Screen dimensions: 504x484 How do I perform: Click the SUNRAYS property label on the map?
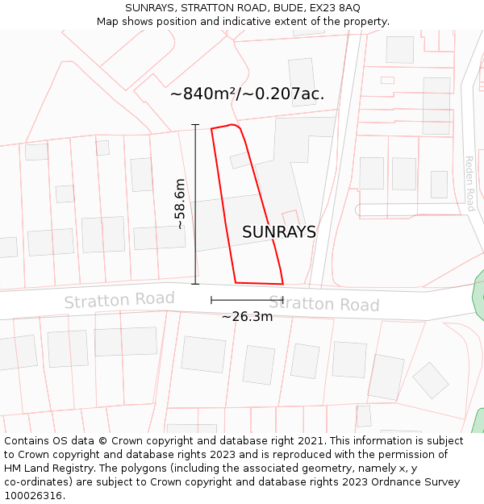[278, 232]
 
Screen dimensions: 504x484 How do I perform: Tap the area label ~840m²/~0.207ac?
[247, 94]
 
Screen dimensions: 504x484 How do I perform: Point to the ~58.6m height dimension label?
[180, 204]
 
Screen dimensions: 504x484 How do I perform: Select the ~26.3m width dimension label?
[247, 317]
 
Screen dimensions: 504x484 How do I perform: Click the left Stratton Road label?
[119, 301]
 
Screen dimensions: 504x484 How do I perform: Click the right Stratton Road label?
[323, 304]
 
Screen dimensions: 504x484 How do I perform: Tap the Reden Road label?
[469, 183]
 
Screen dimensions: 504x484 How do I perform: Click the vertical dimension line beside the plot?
[195, 204]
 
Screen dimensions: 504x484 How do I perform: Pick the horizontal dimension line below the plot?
[247, 300]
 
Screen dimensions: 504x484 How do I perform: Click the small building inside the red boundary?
[240, 160]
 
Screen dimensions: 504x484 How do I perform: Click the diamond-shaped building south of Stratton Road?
[430, 380]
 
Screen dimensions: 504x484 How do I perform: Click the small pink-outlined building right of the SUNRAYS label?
[291, 219]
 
